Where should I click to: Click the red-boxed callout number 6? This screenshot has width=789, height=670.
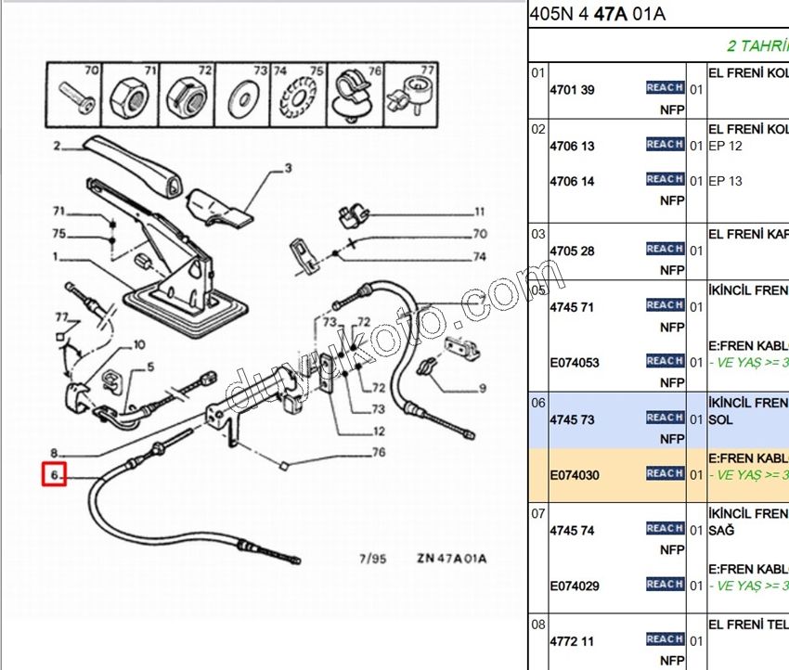coord(55,475)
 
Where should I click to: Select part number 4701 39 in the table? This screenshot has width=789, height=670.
coord(572,90)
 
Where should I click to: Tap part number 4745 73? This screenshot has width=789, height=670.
coord(572,419)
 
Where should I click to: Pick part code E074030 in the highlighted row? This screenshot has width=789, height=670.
coord(575,475)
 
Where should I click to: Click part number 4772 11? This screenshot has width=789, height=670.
coord(572,641)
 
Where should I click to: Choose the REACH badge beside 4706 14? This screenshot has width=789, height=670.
coord(665,179)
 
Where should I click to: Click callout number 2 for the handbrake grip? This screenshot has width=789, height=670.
coord(57,146)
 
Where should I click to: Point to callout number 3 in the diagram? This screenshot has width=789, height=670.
coord(288,168)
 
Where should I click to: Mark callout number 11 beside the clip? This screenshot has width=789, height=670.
coord(480,212)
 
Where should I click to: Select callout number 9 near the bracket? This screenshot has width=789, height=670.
coord(483,388)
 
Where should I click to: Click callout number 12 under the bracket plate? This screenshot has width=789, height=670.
coord(380,432)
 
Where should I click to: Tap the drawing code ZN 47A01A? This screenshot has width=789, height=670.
coord(451,559)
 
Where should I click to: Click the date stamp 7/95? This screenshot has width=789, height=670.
coord(372,559)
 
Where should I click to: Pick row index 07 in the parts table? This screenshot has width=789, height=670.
coord(537,512)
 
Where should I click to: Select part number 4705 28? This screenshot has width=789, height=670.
coord(572,251)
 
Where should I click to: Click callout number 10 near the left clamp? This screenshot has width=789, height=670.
coord(139,345)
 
